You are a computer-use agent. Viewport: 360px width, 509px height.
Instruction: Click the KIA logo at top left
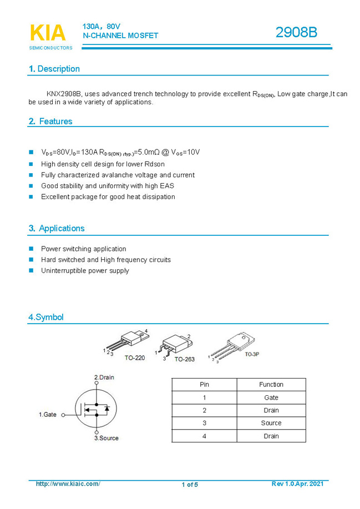pyautogui.click(x=48, y=33)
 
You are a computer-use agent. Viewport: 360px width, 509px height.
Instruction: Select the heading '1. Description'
pyautogui.click(x=54, y=69)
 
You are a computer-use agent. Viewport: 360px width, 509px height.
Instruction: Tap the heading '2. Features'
pyautogui.click(x=50, y=121)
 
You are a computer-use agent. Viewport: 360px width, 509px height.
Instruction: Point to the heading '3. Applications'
pyautogui.click(x=57, y=228)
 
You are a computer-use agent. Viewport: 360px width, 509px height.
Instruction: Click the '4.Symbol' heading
pyautogui.click(x=46, y=318)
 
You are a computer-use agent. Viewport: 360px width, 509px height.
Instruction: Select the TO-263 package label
pyautogui.click(x=184, y=360)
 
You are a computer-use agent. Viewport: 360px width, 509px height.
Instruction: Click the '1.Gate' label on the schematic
pyautogui.click(x=47, y=415)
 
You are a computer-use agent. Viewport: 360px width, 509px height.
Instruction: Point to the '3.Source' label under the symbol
pyautogui.click(x=106, y=438)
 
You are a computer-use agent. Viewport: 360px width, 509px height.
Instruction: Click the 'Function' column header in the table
pyautogui.click(x=271, y=385)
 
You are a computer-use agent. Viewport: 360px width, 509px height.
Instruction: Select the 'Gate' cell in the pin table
pyautogui.click(x=271, y=397)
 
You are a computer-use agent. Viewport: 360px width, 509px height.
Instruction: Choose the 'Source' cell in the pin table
pyautogui.click(x=271, y=423)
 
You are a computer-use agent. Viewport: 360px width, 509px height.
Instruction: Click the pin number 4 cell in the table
pyautogui.click(x=204, y=436)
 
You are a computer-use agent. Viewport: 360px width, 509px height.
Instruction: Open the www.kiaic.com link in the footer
pyautogui.click(x=68, y=484)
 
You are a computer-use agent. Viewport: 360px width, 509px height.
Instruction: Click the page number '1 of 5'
pyautogui.click(x=189, y=485)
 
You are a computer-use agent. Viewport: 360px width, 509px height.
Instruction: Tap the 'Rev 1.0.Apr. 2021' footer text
pyautogui.click(x=297, y=484)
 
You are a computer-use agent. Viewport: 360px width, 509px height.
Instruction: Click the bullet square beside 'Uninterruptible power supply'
pyautogui.click(x=31, y=271)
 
